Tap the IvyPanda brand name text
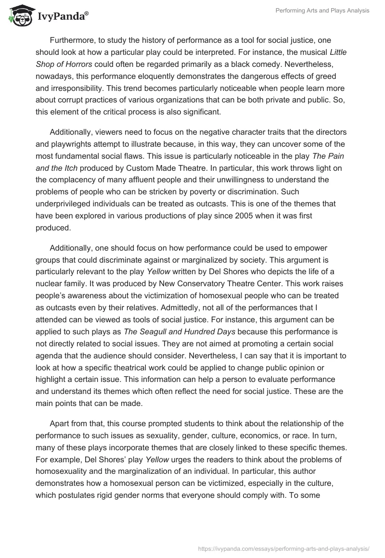62,16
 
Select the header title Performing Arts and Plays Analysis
321,11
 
